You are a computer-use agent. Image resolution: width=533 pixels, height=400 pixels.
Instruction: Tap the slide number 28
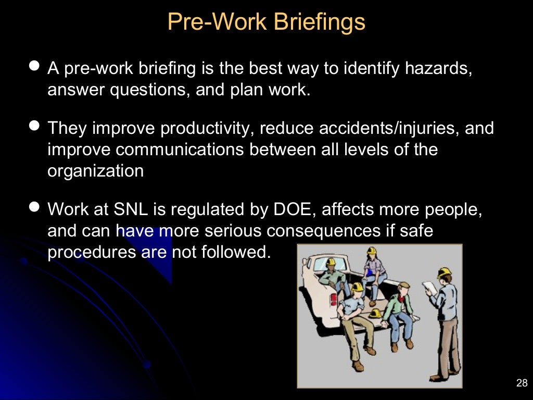522,384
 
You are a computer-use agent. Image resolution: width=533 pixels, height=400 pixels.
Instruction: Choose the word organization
95,171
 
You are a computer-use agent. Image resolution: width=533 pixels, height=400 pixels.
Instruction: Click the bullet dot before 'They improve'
35,126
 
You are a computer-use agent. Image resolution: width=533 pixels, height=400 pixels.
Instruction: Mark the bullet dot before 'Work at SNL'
35,207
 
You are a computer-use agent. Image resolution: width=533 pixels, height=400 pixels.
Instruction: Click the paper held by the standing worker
429,287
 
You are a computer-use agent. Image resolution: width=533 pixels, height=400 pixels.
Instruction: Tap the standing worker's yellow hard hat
444,272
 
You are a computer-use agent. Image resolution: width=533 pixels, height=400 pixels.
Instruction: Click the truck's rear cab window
318,264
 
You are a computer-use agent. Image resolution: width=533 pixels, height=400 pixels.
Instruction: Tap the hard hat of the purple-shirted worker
371,251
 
